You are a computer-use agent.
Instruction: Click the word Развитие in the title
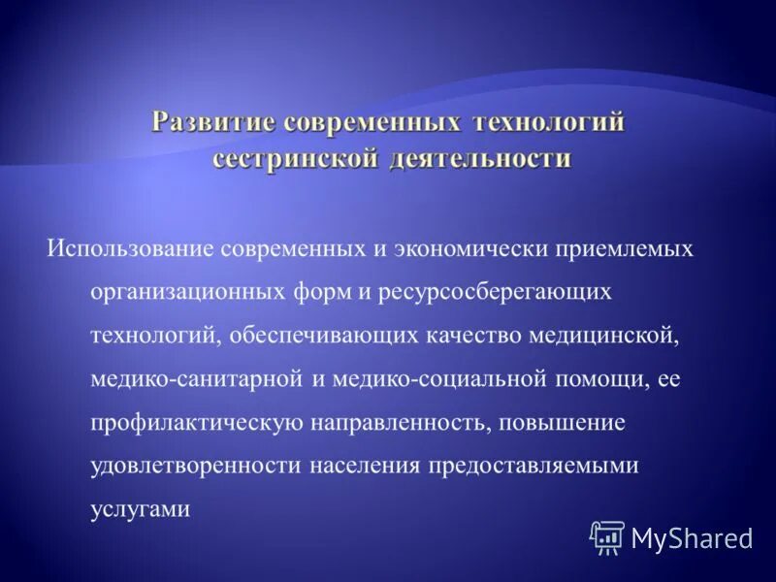211,123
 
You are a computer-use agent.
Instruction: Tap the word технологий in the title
548,123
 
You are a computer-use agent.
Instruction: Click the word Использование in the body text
130,248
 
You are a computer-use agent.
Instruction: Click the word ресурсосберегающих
504,291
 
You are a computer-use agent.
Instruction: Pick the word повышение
570,422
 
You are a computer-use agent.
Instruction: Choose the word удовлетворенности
195,466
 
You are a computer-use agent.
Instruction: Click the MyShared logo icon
607,536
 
